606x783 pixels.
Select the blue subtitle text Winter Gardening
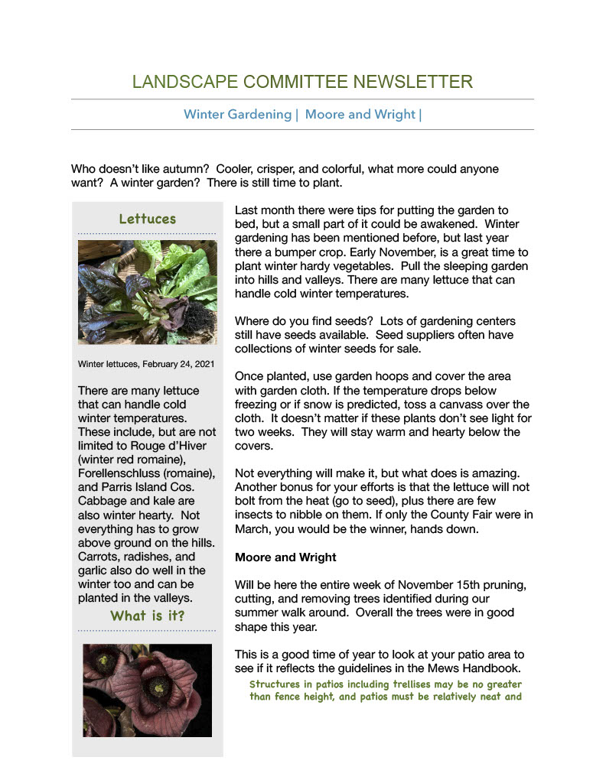pos(237,115)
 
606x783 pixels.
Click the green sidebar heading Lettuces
pos(147,219)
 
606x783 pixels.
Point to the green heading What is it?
pos(147,616)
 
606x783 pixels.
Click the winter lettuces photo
pos(147,291)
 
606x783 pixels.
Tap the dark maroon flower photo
pos(147,690)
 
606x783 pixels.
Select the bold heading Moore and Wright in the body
pos(285,557)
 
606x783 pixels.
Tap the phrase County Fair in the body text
pos(437,515)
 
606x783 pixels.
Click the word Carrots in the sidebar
pos(99,557)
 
